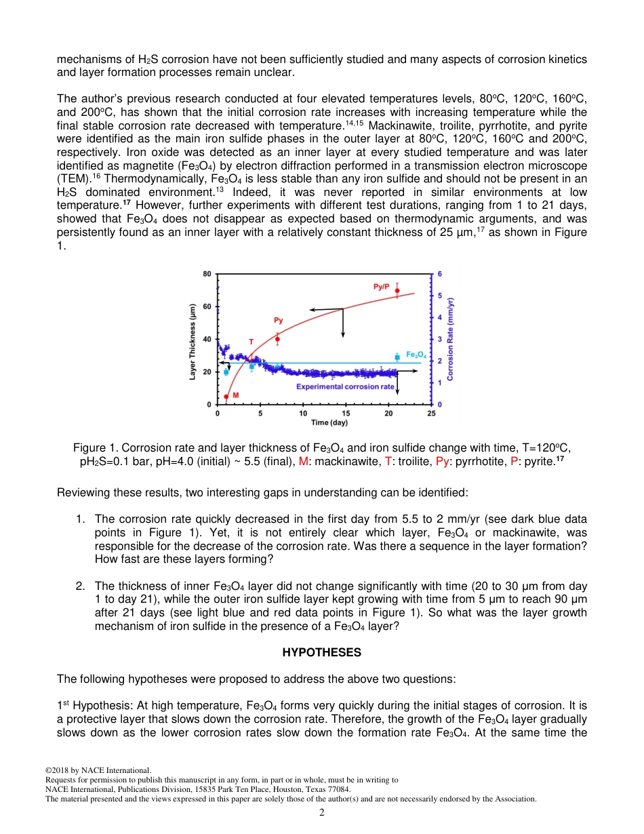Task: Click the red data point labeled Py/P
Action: (397, 291)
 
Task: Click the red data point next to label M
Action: (226, 397)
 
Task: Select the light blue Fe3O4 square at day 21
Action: (397, 357)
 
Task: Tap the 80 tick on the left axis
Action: (207, 274)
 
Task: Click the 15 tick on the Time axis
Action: (346, 413)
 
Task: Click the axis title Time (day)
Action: (329, 422)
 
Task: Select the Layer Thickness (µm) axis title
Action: (194, 340)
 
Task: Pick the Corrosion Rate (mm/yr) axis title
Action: (451, 338)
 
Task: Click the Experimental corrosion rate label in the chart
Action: (345, 386)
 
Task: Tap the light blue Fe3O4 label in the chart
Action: (416, 354)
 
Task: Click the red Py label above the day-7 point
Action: (278, 320)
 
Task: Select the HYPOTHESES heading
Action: (321, 652)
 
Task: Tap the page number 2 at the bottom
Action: (322, 812)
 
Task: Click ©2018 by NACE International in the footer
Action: (98, 770)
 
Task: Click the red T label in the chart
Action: (251, 342)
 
